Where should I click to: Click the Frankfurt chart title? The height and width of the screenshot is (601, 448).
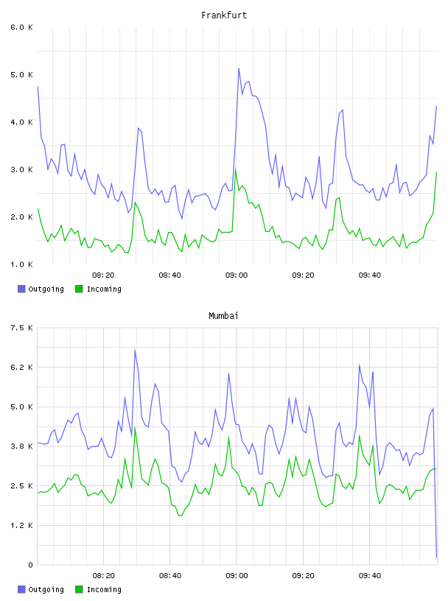pyautogui.click(x=224, y=15)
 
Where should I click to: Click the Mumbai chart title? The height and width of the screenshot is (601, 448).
pyautogui.click(x=223, y=316)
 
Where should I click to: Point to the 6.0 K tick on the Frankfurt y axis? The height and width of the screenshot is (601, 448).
pyautogui.click(x=21, y=27)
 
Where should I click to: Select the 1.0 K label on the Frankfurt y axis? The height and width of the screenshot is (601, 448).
pyautogui.click(x=21, y=264)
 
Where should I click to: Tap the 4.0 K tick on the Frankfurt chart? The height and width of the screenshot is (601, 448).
pyautogui.click(x=21, y=122)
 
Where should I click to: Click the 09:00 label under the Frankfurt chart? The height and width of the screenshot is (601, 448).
pyautogui.click(x=237, y=275)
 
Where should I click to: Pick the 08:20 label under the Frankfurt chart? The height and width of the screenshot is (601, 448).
pyautogui.click(x=103, y=275)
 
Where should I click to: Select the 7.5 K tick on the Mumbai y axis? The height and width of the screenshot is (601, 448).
pyautogui.click(x=21, y=328)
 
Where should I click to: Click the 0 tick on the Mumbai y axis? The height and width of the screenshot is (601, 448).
pyautogui.click(x=30, y=565)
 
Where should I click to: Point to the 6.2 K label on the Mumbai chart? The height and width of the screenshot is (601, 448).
pyautogui.click(x=21, y=368)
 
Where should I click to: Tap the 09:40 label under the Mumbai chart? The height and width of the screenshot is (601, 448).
pyautogui.click(x=370, y=576)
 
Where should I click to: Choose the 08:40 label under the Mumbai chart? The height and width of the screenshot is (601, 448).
pyautogui.click(x=170, y=576)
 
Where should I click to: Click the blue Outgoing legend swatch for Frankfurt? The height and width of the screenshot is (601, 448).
pyautogui.click(x=21, y=289)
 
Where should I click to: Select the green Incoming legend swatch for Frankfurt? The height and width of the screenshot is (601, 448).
pyautogui.click(x=79, y=289)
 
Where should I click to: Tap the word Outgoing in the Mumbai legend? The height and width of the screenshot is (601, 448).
pyautogui.click(x=46, y=589)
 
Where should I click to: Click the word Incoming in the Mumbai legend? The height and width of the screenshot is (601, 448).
pyautogui.click(x=104, y=589)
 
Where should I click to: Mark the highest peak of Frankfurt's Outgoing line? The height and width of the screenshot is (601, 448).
pyautogui.click(x=239, y=68)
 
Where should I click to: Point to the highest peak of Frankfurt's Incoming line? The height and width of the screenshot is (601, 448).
pyautogui.click(x=236, y=169)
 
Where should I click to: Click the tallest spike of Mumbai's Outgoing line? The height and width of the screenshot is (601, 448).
pyautogui.click(x=135, y=349)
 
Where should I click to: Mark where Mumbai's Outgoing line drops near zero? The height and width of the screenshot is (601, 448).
pyautogui.click(x=436, y=557)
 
